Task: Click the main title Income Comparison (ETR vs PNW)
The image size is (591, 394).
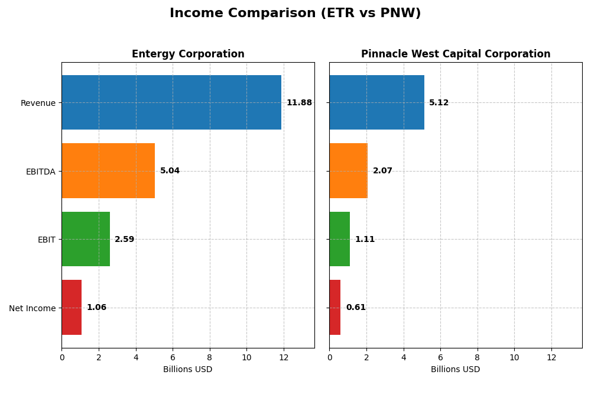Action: (295, 13)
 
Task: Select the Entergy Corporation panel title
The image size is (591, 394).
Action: (188, 54)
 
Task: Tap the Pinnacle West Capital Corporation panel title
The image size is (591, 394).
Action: (456, 54)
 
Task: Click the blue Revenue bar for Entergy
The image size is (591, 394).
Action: (171, 102)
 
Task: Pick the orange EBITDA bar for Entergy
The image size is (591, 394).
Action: (108, 171)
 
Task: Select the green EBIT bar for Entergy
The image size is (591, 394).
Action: (86, 239)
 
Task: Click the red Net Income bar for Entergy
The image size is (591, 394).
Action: (72, 308)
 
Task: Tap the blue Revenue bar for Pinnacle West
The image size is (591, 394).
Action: (376, 102)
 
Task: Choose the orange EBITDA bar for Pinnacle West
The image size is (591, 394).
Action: (349, 171)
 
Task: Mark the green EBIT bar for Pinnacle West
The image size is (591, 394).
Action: (340, 239)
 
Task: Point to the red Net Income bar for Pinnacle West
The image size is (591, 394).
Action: (335, 308)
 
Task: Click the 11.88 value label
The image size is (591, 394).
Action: (299, 103)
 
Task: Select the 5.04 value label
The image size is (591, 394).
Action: (170, 171)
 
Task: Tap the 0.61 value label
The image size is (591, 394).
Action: (356, 308)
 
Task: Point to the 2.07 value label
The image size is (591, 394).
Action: (382, 171)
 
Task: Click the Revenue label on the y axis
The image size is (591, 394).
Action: (38, 103)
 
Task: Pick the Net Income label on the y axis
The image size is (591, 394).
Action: (32, 308)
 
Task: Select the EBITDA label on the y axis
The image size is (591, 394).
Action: (40, 172)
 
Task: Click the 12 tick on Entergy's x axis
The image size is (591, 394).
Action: (284, 357)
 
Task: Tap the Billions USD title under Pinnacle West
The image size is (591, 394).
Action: (456, 369)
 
